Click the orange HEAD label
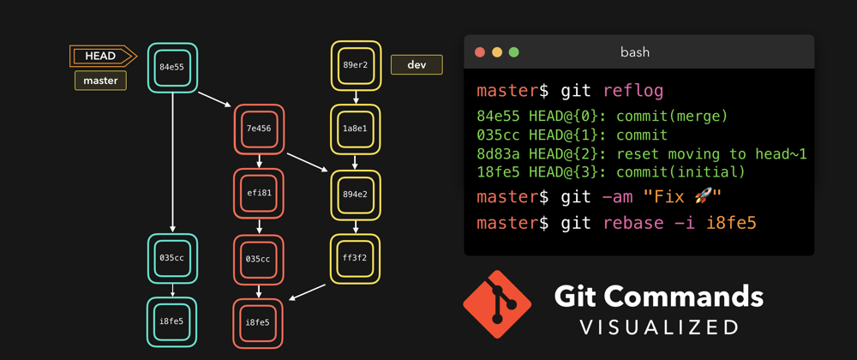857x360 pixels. (101, 57)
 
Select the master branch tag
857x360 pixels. (100, 81)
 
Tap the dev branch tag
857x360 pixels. (417, 64)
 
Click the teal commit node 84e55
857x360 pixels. (172, 67)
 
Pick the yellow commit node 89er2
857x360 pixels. (356, 64)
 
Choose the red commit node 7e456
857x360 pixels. (258, 129)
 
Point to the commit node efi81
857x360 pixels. (258, 193)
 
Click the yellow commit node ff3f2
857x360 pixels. (356, 258)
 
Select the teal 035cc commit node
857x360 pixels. (172, 258)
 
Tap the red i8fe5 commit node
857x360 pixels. (258, 322)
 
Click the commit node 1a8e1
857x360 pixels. (356, 129)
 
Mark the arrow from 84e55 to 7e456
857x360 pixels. (215, 99)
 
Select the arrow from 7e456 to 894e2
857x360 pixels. (307, 163)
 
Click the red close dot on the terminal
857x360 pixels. (480, 52)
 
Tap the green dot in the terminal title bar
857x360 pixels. (514, 52)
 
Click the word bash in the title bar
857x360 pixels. (635, 52)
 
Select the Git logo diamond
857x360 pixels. (497, 304)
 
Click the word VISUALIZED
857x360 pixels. (659, 327)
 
